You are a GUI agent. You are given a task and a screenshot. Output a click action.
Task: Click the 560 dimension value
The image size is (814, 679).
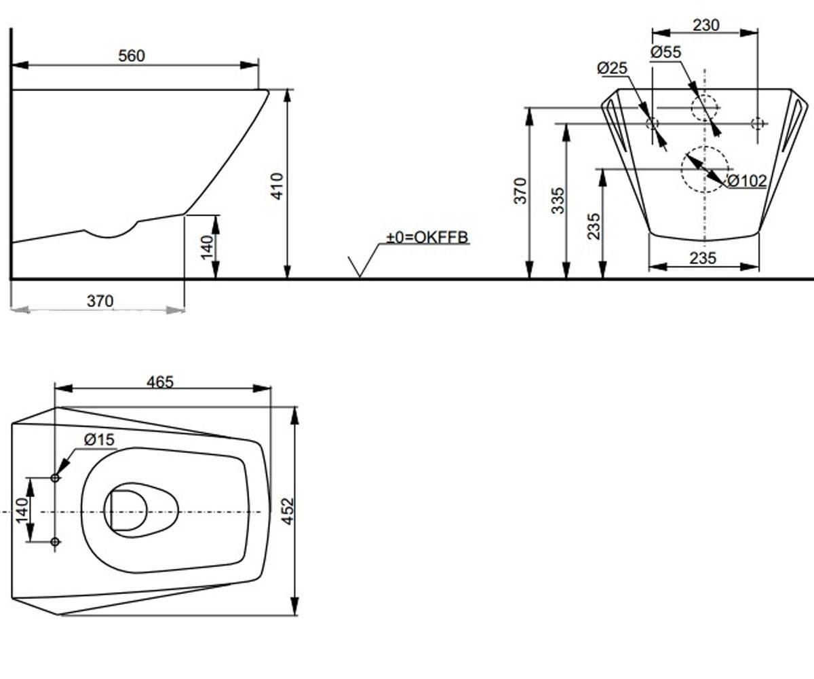132,56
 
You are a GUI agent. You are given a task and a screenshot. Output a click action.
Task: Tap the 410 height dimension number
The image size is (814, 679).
277,186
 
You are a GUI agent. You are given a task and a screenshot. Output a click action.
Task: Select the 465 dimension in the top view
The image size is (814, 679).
160,382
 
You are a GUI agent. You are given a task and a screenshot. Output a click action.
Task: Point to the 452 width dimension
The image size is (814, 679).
287,511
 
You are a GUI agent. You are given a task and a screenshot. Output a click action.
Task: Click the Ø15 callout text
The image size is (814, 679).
100,440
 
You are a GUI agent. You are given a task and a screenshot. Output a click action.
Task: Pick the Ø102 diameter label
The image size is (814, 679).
747,181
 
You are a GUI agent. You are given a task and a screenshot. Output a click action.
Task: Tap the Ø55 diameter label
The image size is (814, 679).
666,52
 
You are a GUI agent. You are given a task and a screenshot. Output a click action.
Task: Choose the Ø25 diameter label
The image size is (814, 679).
613,68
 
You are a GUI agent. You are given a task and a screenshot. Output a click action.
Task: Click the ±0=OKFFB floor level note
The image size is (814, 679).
427,237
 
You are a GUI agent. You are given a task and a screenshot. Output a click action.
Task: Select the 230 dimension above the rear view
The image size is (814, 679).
706,25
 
